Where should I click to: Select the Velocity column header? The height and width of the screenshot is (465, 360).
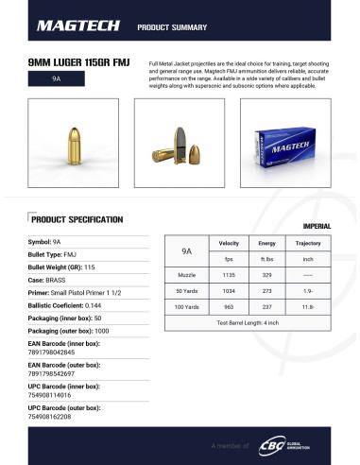click(x=228, y=244)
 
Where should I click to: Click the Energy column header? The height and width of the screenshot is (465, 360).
click(x=266, y=244)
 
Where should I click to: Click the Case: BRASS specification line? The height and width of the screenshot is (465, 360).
click(x=48, y=281)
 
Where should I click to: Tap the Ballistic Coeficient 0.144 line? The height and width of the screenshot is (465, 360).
click(x=67, y=306)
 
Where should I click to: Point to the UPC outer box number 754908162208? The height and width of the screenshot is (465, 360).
click(x=52, y=417)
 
